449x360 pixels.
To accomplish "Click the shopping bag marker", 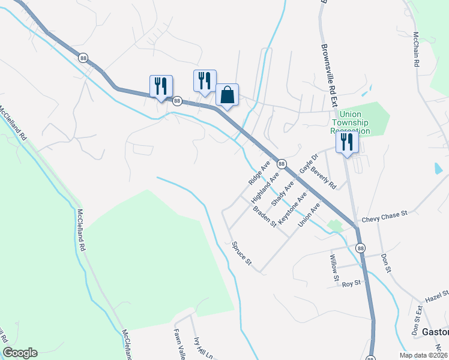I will click(x=227, y=95).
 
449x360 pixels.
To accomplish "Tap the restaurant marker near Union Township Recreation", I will click(x=347, y=142).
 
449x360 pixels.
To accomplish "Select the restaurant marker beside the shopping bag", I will click(x=204, y=80).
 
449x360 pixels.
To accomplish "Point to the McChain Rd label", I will click(x=415, y=49).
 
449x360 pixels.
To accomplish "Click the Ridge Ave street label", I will click(x=259, y=172).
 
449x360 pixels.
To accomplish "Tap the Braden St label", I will click(x=264, y=217).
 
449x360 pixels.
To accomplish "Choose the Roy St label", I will click(x=351, y=283).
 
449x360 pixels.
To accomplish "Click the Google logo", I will click(x=20, y=353).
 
